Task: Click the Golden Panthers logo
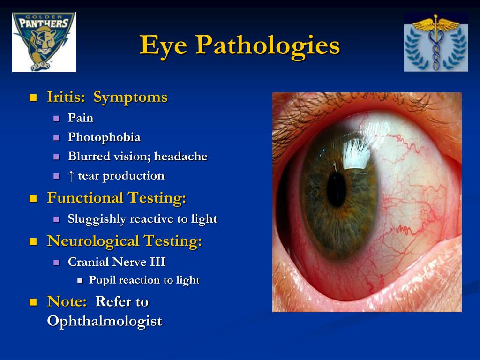pos(44,42)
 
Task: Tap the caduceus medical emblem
pos(436,42)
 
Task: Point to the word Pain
pos(81,118)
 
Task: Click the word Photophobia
pos(104,137)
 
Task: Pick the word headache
pos(180,157)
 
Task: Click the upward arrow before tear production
pos(71,176)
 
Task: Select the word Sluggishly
pos(97,219)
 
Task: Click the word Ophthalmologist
pos(105,321)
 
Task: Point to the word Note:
pos(67,302)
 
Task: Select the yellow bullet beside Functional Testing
pos(33,199)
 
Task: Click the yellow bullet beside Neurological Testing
pos(33,242)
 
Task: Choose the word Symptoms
pos(130,97)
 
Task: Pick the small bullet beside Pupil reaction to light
pos(80,281)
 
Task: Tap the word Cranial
pos(89,262)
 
